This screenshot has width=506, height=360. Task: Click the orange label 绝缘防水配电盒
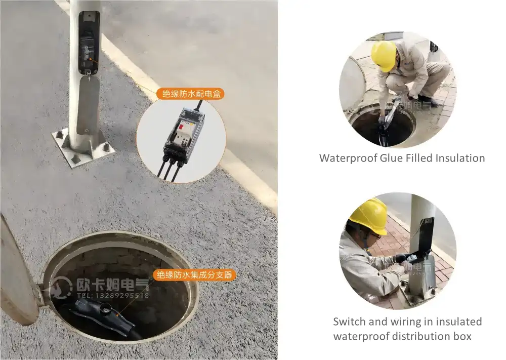(x=190, y=94)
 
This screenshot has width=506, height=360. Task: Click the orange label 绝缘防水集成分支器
(x=194, y=275)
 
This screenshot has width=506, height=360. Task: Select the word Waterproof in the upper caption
(x=348, y=158)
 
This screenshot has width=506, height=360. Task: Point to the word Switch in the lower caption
(x=349, y=322)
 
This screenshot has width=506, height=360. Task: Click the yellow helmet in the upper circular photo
(x=384, y=55)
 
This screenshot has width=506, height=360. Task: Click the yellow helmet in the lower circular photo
(x=369, y=216)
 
